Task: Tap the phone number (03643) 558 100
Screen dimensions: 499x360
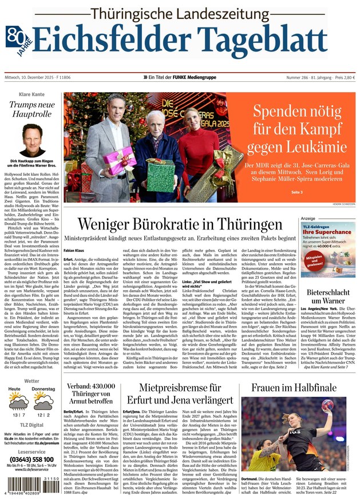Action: (31, 460)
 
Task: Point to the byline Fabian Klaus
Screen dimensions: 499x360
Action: (74, 250)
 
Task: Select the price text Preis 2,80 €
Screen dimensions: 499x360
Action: (343, 77)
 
